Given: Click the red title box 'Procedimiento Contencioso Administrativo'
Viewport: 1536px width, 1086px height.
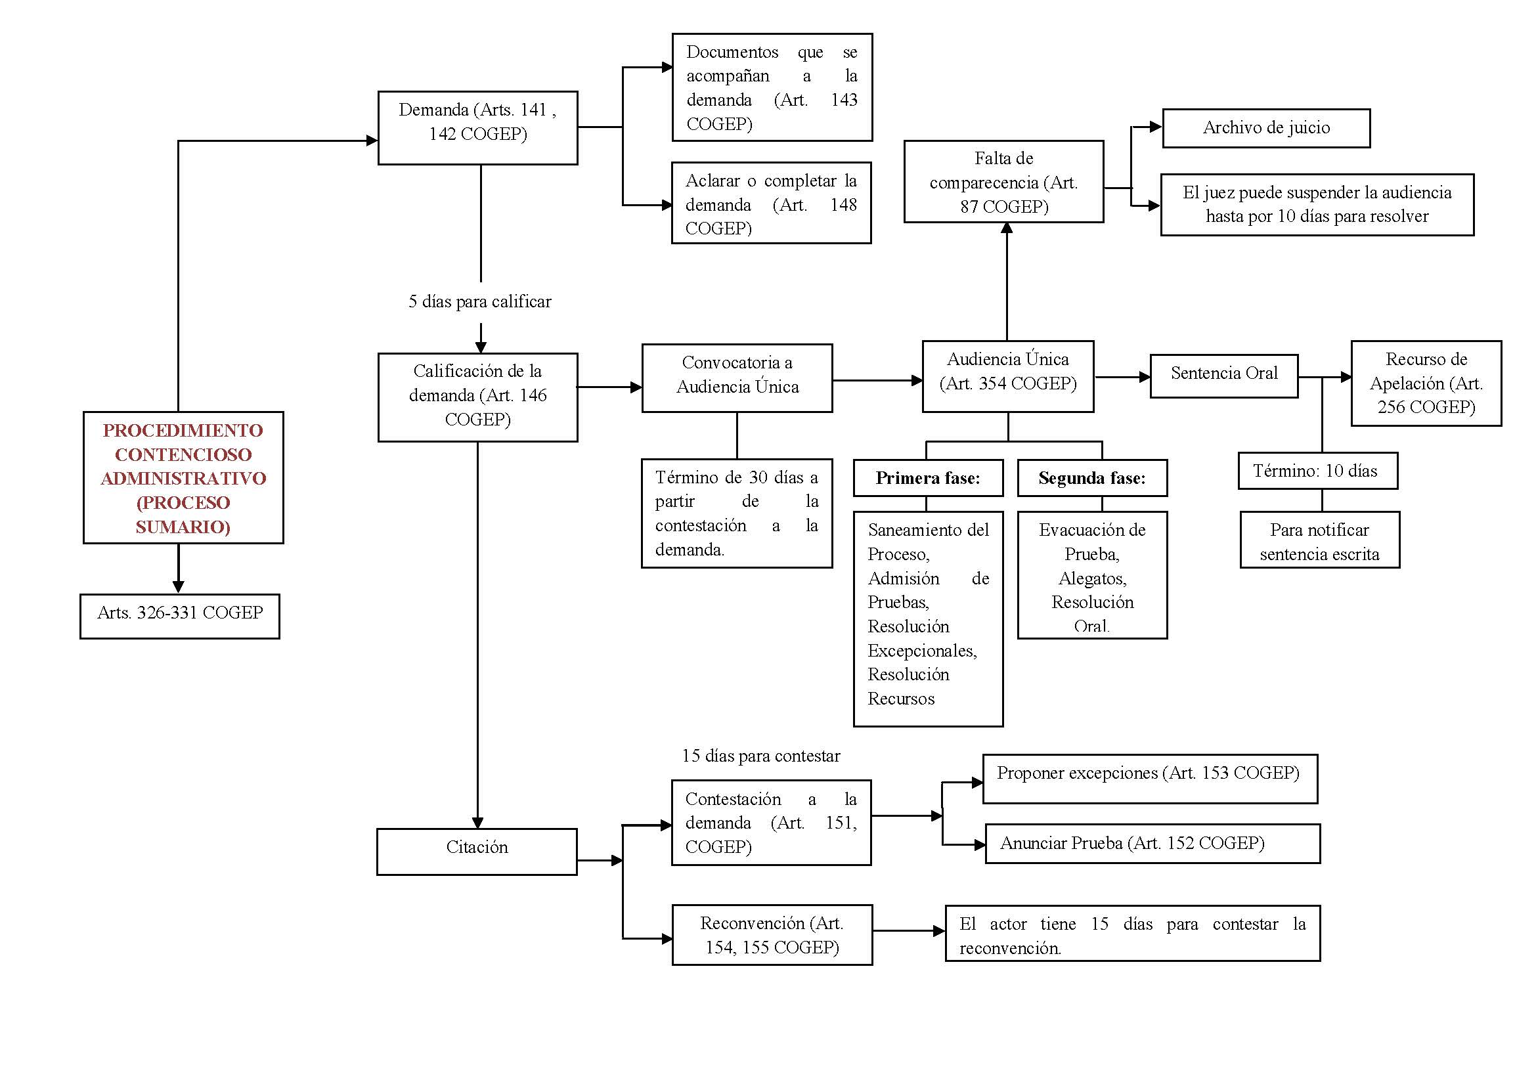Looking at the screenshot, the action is (x=183, y=477).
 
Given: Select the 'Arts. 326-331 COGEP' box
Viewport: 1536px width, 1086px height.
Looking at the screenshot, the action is (x=180, y=616).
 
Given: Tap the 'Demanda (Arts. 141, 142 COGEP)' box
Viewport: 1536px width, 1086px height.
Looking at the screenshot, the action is (x=477, y=128).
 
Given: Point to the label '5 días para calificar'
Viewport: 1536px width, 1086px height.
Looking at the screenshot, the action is (x=480, y=301).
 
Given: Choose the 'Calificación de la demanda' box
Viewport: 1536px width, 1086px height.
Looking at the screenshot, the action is (x=477, y=397).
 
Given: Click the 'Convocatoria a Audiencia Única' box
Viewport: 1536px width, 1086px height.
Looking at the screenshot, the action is (x=737, y=378).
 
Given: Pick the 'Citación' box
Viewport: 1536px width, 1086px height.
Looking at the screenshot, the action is (x=477, y=852).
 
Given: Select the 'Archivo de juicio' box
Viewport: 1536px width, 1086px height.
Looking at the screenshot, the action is (x=1266, y=128).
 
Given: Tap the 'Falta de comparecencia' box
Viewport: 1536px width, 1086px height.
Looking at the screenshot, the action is (x=1003, y=181).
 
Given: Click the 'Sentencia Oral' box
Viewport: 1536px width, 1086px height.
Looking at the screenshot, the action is (x=1224, y=376).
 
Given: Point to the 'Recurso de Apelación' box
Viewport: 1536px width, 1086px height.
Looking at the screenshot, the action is (x=1426, y=383).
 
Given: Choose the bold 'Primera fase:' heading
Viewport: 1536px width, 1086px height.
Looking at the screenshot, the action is (x=928, y=478).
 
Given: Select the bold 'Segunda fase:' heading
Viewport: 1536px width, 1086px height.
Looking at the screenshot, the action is (x=1093, y=478).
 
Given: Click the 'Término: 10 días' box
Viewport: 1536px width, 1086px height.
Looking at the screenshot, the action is (x=1318, y=471).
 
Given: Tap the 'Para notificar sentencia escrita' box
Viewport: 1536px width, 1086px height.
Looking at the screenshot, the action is (x=1320, y=540).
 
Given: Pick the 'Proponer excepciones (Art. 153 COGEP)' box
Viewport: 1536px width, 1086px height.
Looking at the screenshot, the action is (x=1150, y=779).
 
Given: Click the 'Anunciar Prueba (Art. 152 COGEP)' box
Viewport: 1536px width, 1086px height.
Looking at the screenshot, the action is (x=1152, y=843).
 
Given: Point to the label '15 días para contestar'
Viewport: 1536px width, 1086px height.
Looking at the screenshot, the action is (x=761, y=756).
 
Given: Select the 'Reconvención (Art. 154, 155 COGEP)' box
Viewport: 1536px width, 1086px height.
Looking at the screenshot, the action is (x=772, y=935).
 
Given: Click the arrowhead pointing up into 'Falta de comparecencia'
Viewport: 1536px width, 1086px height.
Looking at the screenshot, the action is (x=1007, y=228).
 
